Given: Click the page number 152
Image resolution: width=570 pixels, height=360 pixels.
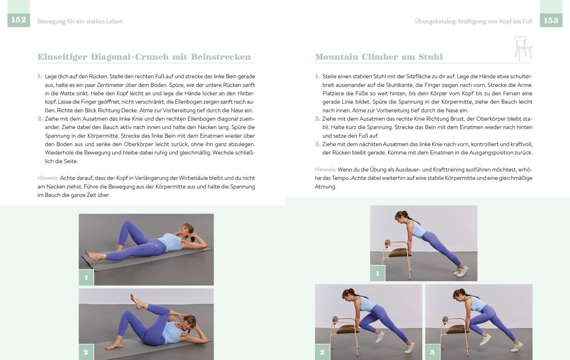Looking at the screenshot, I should (19, 20).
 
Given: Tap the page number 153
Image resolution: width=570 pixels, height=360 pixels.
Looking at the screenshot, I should (551, 20).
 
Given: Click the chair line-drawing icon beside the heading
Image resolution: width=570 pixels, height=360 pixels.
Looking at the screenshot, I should (523, 48).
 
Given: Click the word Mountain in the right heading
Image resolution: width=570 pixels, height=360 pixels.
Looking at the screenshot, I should (336, 57).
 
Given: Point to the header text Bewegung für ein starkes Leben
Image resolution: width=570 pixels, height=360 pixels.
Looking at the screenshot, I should (80, 21).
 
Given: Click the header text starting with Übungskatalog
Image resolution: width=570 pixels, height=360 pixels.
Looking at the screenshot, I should (473, 21).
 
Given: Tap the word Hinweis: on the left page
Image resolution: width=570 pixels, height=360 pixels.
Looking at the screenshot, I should (48, 178).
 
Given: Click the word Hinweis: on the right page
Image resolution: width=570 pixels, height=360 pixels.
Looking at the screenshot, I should (325, 170).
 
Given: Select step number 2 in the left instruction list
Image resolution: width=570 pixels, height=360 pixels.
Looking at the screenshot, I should (40, 119).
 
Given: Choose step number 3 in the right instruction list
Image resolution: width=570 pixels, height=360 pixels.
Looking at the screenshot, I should (317, 144).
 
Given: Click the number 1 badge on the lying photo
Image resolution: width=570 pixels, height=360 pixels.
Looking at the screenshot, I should (86, 278).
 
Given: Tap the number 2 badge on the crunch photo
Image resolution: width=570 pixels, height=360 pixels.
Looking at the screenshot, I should (86, 352).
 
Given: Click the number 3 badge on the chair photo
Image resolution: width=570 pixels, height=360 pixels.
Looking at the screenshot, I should (432, 352).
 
